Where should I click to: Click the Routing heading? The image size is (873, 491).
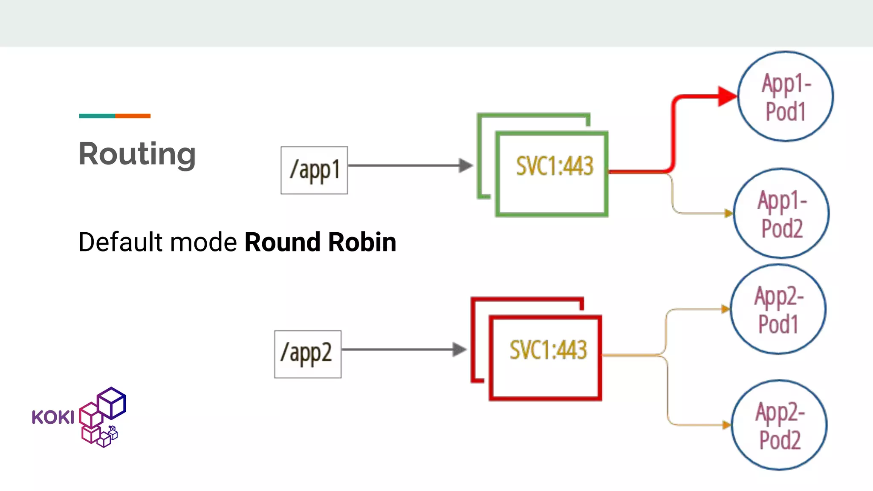[x=137, y=154]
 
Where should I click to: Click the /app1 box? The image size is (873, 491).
[x=314, y=170]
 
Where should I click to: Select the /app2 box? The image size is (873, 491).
[x=307, y=354]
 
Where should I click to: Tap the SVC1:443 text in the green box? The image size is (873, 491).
[x=554, y=166]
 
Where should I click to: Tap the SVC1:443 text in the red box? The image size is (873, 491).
[x=548, y=350]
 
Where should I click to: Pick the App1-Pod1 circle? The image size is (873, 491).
[x=785, y=96]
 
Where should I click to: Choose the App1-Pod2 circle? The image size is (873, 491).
[x=781, y=213]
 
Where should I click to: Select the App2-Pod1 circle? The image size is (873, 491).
[x=778, y=309]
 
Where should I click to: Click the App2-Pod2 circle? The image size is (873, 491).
[x=779, y=425]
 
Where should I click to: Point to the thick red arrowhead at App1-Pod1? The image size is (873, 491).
[x=726, y=96]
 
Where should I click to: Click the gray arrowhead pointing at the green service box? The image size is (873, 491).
[x=465, y=165]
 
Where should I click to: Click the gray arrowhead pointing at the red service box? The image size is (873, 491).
[x=459, y=349]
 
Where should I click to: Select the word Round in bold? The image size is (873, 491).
[x=282, y=242]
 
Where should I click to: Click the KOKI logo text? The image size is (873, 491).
[x=53, y=417]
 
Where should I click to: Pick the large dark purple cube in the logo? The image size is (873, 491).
[x=112, y=402]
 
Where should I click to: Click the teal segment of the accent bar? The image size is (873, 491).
[x=97, y=116]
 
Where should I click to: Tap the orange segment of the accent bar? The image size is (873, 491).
[x=133, y=116]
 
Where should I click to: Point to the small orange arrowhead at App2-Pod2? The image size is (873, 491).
[x=726, y=425]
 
